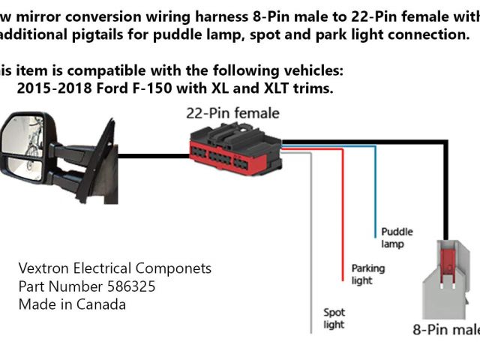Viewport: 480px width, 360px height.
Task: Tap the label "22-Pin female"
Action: tap(232, 114)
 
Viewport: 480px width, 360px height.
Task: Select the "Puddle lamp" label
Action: tap(397, 238)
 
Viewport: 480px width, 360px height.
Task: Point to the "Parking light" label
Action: tap(367, 274)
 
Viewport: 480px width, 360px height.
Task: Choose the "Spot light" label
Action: tap(334, 318)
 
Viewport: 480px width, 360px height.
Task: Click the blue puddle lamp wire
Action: tap(374, 187)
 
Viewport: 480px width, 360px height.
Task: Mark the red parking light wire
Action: tap(343, 202)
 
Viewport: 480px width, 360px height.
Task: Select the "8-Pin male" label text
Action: tap(446, 329)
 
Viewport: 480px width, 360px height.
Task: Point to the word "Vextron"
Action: tap(43, 268)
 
